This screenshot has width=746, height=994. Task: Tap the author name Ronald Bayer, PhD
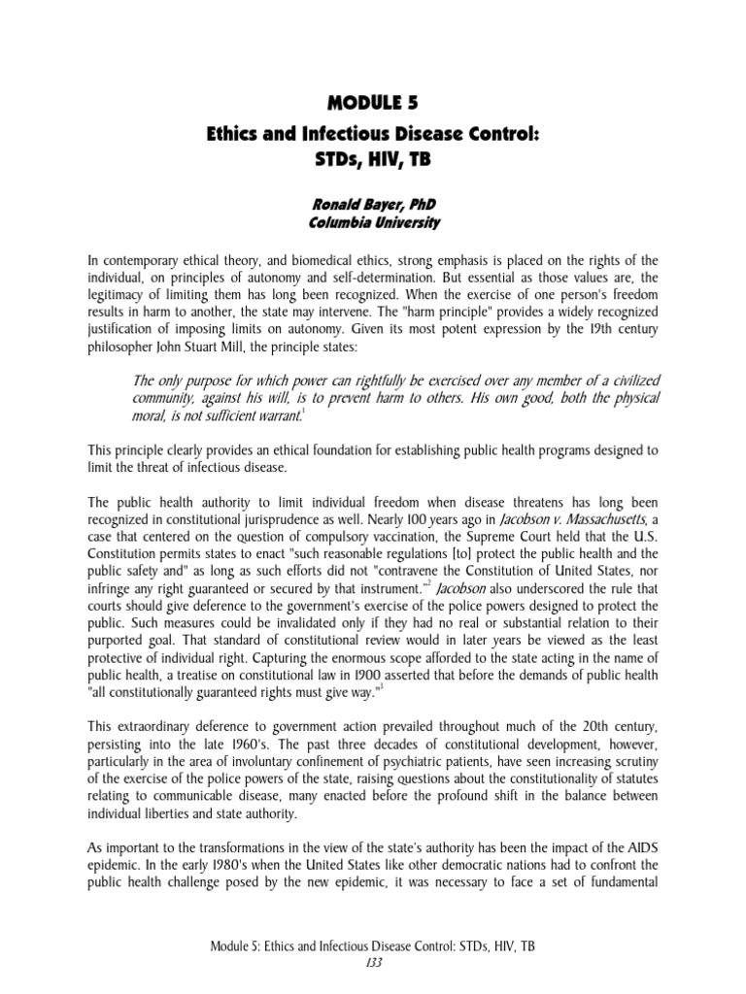373,206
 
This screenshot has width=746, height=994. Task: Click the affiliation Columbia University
373,223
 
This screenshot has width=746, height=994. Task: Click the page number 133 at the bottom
373,977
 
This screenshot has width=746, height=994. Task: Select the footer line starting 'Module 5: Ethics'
373,961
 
